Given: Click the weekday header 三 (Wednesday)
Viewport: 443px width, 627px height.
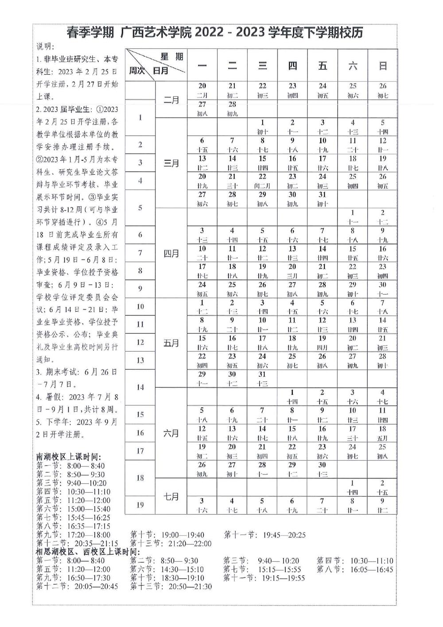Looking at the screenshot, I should [x=262, y=66].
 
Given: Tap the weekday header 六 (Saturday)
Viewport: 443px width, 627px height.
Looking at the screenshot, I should [x=353, y=66].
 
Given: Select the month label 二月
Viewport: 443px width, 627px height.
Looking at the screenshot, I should [x=171, y=100].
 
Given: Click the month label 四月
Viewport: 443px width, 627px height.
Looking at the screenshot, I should [x=171, y=254].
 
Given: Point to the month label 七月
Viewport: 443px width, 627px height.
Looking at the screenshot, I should [x=171, y=497].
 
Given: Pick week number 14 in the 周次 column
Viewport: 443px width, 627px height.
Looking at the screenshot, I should [x=140, y=387].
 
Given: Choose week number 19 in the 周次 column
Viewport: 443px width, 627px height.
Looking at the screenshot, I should [x=140, y=505].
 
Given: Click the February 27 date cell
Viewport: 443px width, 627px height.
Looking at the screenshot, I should [x=202, y=109].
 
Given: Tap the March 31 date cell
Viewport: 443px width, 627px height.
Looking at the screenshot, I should [x=323, y=199].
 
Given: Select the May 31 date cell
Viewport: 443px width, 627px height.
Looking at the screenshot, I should [x=262, y=379].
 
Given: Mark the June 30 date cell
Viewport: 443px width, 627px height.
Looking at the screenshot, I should [x=323, y=469].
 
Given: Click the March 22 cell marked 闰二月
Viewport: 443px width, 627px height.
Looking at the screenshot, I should [x=262, y=181].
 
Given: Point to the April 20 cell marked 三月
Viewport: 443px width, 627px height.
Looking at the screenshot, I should [x=292, y=271].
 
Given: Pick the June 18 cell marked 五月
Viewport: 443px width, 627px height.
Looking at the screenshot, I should [x=383, y=433].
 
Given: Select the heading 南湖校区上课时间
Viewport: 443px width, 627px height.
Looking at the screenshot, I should [x=69, y=457].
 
